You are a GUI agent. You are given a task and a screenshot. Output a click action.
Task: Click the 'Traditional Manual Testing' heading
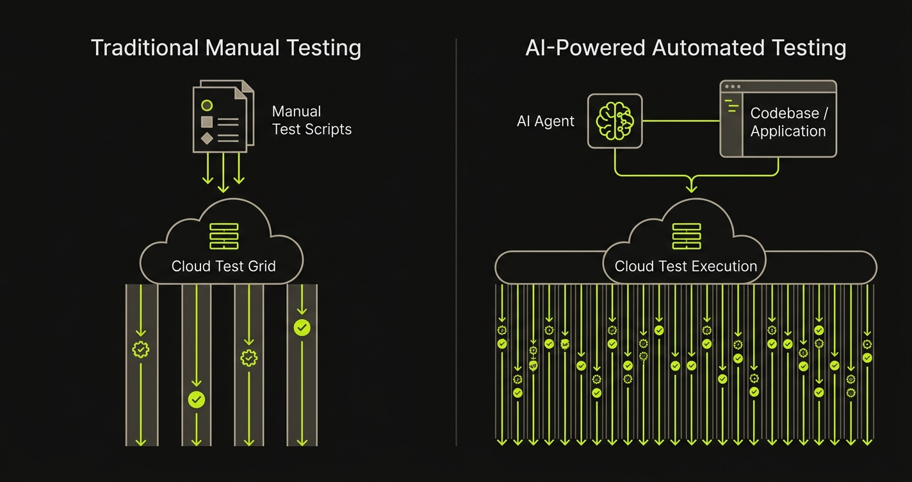click(x=225, y=48)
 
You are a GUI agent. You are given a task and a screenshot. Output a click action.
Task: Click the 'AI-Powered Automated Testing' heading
click(x=685, y=48)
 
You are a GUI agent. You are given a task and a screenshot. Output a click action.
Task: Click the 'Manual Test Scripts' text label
click(x=311, y=120)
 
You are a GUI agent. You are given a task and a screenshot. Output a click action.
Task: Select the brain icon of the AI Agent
click(x=614, y=120)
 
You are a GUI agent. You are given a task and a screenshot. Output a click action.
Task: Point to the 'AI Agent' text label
click(x=545, y=121)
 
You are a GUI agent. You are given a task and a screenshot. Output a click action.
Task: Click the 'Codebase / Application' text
click(x=788, y=122)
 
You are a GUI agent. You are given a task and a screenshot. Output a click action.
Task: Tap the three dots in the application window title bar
click(x=731, y=87)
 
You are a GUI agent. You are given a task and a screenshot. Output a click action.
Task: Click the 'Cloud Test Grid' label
click(x=224, y=266)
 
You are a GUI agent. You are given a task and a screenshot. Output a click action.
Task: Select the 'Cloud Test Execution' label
click(x=685, y=266)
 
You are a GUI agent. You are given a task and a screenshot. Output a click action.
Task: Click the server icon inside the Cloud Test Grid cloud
click(x=224, y=237)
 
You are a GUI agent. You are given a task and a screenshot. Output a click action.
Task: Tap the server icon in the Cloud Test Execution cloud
click(x=686, y=237)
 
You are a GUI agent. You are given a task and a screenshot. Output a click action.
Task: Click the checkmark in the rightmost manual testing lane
click(x=302, y=328)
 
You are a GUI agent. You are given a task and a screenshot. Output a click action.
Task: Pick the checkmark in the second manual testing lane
click(x=196, y=400)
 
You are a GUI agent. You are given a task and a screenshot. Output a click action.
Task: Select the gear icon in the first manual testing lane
click(x=140, y=349)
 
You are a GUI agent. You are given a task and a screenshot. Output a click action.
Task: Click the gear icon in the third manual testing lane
click(x=249, y=358)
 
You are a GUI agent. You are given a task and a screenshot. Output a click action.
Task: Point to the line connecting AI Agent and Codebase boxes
click(x=680, y=120)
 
